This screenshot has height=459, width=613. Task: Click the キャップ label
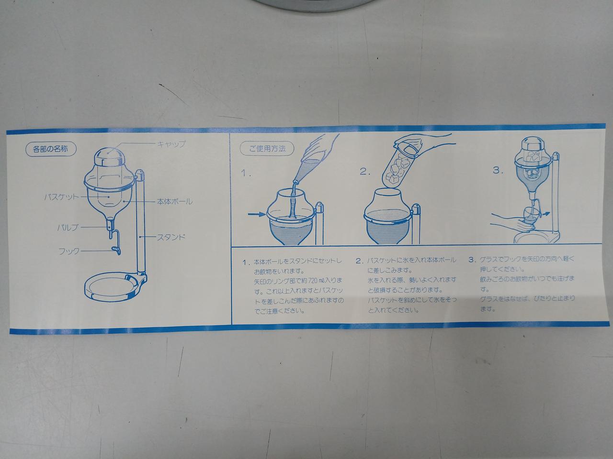(171, 144)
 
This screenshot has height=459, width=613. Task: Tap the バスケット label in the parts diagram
(61, 197)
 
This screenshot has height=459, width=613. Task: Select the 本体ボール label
(174, 201)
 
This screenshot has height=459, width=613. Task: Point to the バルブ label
(68, 228)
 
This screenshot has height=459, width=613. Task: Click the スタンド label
(171, 238)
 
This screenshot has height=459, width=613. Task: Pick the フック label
(69, 251)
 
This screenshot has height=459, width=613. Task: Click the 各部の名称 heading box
(51, 149)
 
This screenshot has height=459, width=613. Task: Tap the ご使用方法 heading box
(267, 149)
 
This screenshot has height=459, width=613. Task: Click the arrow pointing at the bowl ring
(256, 214)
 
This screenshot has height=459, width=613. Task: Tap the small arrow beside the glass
(545, 214)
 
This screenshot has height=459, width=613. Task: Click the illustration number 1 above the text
(246, 174)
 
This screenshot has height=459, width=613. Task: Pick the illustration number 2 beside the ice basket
(365, 171)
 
